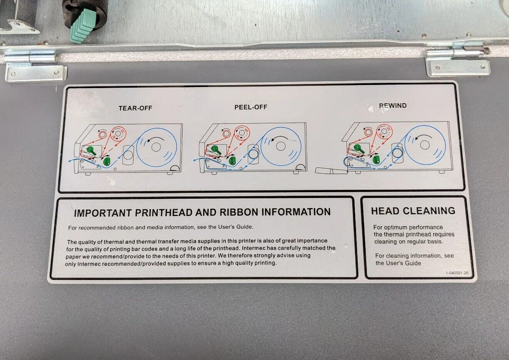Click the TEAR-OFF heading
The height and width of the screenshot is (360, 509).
tap(135, 108)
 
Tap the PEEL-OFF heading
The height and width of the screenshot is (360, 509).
tap(250, 107)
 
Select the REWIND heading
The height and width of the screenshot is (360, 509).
tap(393, 105)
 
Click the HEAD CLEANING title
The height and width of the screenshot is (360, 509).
tap(413, 211)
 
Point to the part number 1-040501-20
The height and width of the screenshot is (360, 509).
tap(457, 273)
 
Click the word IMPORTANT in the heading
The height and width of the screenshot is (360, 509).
tap(103, 213)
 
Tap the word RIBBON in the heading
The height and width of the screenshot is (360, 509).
tap(239, 212)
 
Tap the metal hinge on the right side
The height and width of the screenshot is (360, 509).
tap(457, 61)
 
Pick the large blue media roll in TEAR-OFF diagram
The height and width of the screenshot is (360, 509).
tap(156, 147)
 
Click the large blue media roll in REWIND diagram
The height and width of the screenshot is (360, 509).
tap(425, 145)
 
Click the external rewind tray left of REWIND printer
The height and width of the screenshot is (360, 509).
tap(331, 171)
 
